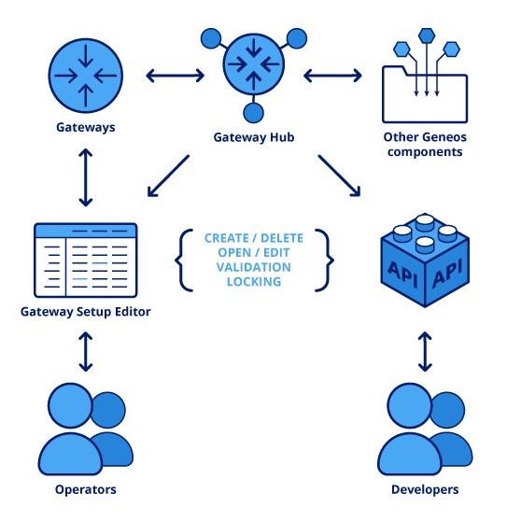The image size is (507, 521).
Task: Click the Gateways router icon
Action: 86,74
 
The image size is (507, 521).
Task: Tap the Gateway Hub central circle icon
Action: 253,64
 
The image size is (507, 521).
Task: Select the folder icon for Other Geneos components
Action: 425,93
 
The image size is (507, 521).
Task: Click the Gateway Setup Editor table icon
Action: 85,260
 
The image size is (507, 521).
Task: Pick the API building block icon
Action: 425,261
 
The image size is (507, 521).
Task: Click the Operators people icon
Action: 85,429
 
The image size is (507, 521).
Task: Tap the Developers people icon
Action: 425,429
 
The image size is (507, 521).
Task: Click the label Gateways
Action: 86,127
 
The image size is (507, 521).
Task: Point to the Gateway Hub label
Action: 254,137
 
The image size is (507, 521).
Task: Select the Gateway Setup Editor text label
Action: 85,312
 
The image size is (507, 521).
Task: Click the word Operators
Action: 85,489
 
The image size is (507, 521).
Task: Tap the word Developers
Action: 425,489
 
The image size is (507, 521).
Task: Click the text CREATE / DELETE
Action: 254,239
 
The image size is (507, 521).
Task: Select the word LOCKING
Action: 254,281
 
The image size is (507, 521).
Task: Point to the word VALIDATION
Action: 254,267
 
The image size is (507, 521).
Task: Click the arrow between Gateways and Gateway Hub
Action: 175,75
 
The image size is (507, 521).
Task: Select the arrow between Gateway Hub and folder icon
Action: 332,75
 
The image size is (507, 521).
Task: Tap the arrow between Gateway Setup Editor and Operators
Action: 86,352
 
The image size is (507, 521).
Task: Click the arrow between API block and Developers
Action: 425,351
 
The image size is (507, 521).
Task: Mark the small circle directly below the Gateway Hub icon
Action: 253,113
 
